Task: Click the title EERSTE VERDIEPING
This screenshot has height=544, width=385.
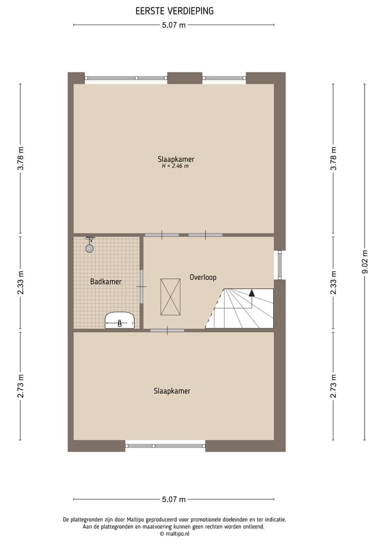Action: click(x=174, y=11)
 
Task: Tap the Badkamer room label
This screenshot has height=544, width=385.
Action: click(x=106, y=281)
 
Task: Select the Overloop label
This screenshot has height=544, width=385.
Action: click(x=203, y=277)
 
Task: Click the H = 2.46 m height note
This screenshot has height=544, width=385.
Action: click(x=175, y=166)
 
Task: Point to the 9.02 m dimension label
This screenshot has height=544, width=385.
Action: click(x=365, y=262)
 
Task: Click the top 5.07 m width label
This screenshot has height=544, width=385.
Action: click(x=174, y=25)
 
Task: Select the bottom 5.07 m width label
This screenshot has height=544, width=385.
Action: click(x=174, y=500)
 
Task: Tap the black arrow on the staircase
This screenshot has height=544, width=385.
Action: click(x=252, y=293)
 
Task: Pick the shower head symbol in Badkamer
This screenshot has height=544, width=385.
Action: click(x=89, y=247)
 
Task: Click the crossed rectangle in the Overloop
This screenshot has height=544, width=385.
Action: click(x=171, y=297)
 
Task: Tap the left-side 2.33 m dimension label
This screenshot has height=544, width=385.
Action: click(x=20, y=283)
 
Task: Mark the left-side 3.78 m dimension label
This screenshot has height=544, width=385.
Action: click(x=20, y=159)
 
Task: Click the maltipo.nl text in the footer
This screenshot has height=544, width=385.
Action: click(x=174, y=533)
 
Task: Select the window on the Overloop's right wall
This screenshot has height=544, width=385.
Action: click(x=279, y=265)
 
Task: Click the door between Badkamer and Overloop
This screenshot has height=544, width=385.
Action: click(x=142, y=287)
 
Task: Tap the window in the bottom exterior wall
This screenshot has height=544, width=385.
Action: click(x=165, y=445)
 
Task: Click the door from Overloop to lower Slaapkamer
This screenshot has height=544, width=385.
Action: click(x=167, y=331)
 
